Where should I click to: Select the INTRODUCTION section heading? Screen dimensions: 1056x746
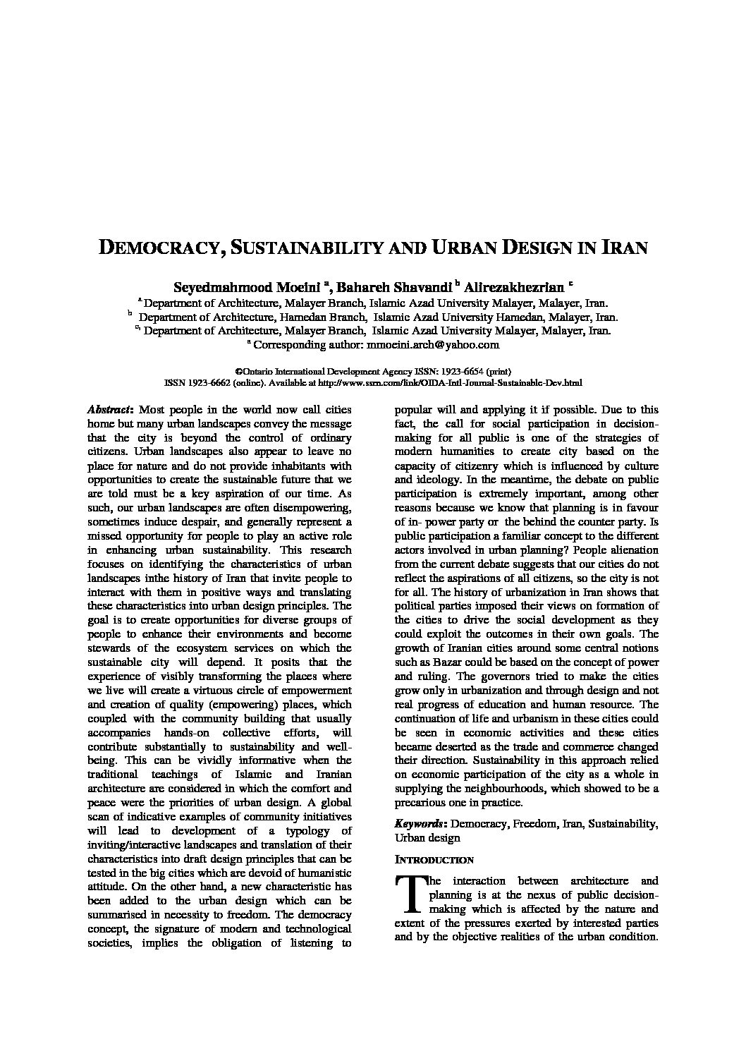click(434, 860)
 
